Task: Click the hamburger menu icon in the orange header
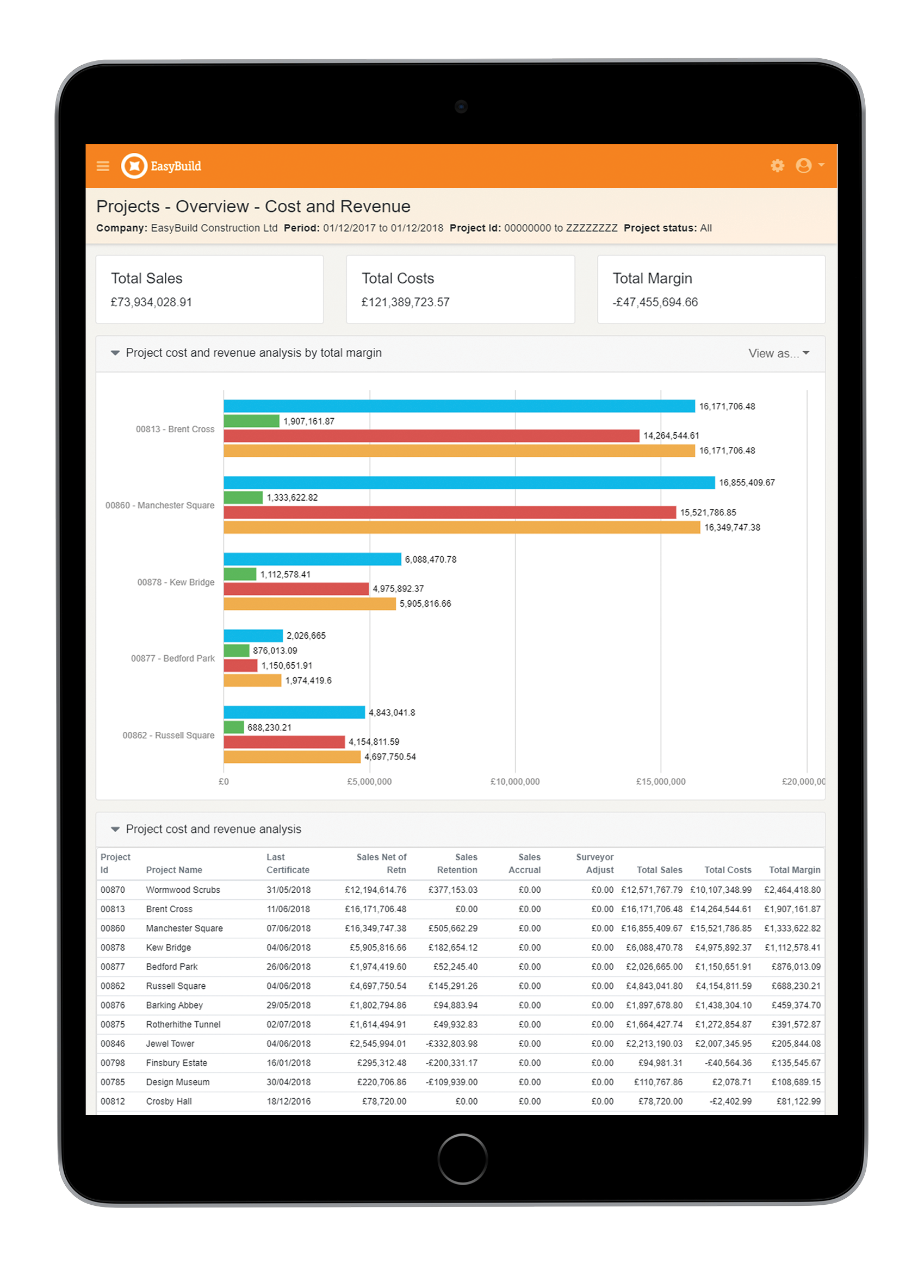(x=102, y=166)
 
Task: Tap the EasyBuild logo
(x=162, y=166)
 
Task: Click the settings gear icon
(x=777, y=165)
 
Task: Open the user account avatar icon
(x=803, y=165)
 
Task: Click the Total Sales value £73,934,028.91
(x=151, y=302)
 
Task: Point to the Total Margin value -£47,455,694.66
(x=655, y=302)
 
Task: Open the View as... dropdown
(x=779, y=353)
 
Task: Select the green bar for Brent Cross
(x=251, y=421)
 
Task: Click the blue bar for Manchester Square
(x=469, y=483)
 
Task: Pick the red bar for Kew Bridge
(x=296, y=589)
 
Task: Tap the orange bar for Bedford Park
(x=252, y=680)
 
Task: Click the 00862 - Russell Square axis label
(x=168, y=735)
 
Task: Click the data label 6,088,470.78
(x=430, y=559)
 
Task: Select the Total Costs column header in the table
(x=727, y=870)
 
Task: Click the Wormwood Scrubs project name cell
(x=183, y=890)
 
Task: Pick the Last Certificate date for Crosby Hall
(x=288, y=1101)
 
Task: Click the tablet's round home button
(x=462, y=1159)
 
